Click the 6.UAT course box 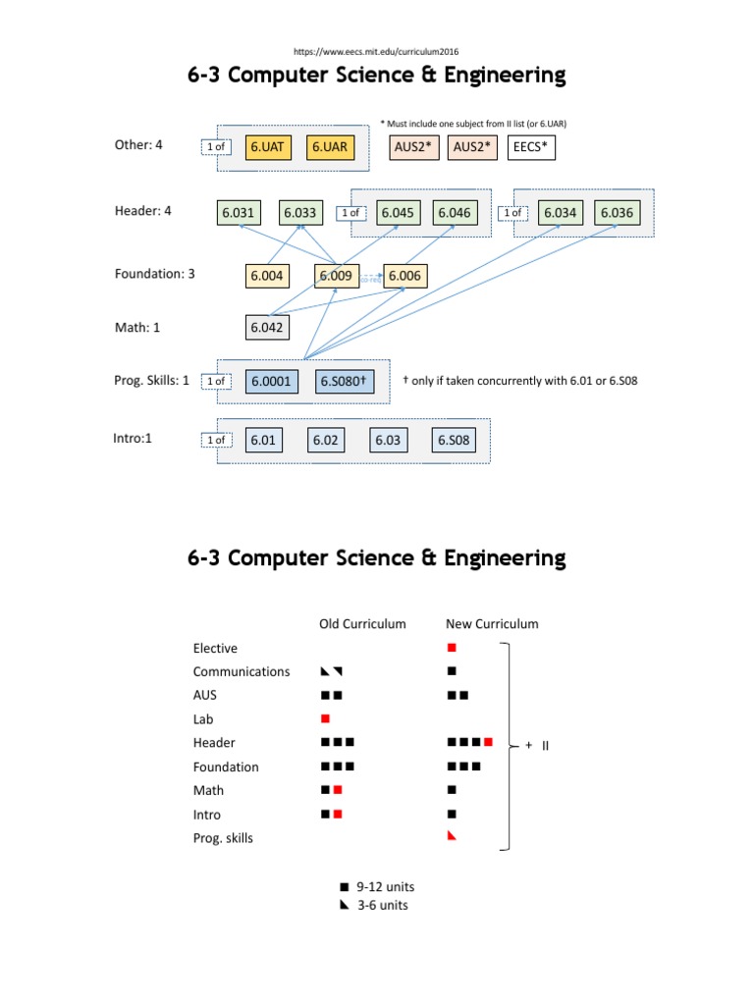(267, 147)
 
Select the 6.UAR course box (329, 147)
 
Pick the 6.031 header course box (239, 212)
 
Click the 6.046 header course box (454, 212)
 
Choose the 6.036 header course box (617, 212)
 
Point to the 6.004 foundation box (266, 276)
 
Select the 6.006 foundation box (404, 276)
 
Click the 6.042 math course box (266, 328)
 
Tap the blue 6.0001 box (271, 381)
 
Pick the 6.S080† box (344, 381)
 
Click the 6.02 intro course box (325, 441)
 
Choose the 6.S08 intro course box (454, 441)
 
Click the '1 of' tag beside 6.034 (512, 213)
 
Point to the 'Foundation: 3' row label (154, 274)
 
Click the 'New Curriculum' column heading (492, 623)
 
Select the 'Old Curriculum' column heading (362, 623)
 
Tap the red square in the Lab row (326, 719)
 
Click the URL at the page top (376, 51)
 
